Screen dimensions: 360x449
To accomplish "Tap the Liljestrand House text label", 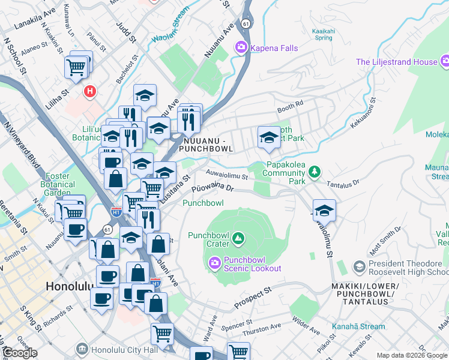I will click(396, 62).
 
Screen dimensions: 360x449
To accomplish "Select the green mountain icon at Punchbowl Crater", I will click(239, 239).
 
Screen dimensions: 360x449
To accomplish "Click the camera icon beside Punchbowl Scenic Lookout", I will click(214, 263).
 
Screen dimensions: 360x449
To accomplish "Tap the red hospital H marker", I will click(89, 92).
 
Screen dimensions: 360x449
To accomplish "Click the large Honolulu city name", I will click(68, 287).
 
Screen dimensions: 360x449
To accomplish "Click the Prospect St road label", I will click(253, 297).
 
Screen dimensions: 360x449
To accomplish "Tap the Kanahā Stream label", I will click(357, 327).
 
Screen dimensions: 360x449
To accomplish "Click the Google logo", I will click(20, 353).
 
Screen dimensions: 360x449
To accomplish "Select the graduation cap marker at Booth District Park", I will click(268, 139).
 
